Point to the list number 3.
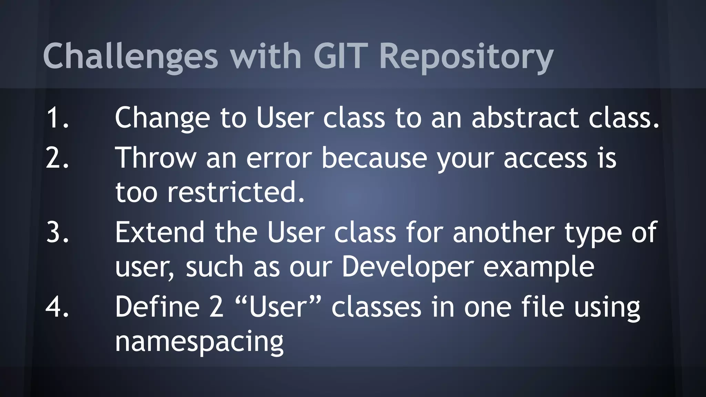coord(57,233)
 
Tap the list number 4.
coord(57,307)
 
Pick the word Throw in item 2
coord(155,158)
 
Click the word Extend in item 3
coord(160,233)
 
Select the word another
coord(504,233)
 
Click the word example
coord(538,267)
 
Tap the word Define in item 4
coord(157,307)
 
